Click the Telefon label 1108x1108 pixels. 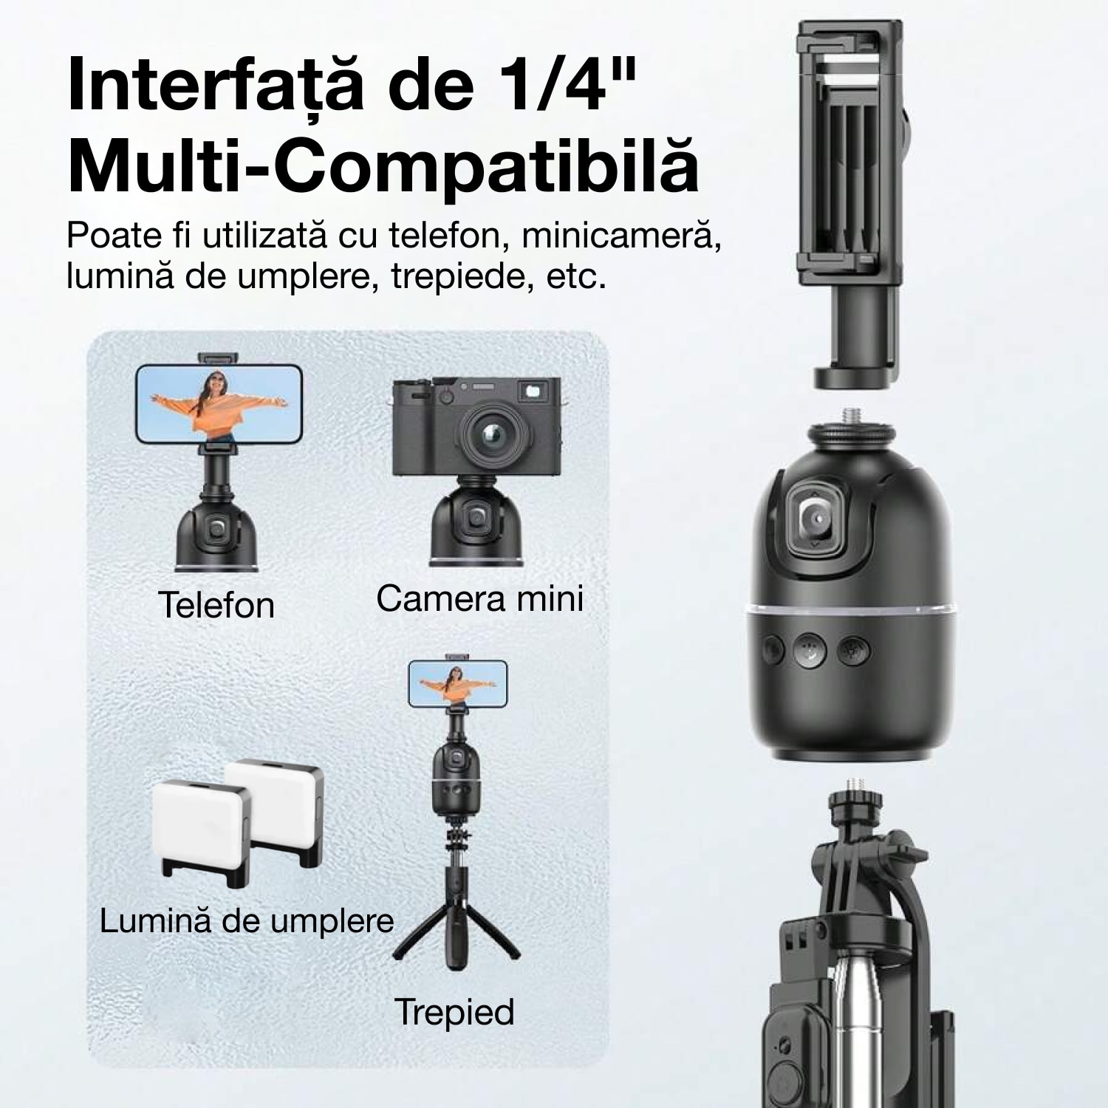tap(216, 605)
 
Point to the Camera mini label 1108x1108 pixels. tap(480, 598)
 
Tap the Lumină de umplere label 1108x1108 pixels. tap(247, 921)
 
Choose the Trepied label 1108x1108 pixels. tap(454, 1011)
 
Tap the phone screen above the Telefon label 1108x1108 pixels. tap(219, 404)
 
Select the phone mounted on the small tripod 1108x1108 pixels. tap(458, 683)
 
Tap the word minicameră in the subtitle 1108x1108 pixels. tap(621, 236)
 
